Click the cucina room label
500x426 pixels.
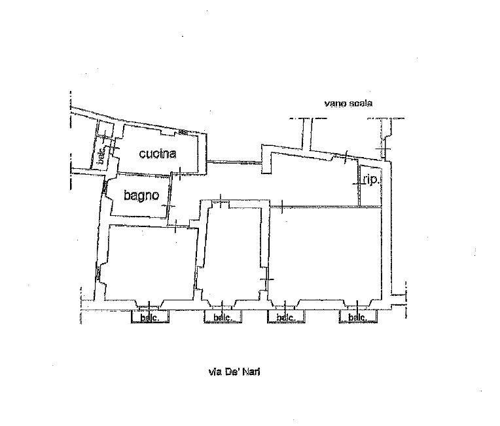pos(158,154)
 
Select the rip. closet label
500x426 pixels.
pos(370,179)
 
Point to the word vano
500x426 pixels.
pos(336,103)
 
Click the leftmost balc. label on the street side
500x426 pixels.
pos(151,318)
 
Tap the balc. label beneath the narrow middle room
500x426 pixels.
pos(223,318)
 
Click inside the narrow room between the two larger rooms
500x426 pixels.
pos(232,252)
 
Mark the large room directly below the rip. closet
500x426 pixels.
pos(326,252)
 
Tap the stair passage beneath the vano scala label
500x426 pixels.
pos(340,134)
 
